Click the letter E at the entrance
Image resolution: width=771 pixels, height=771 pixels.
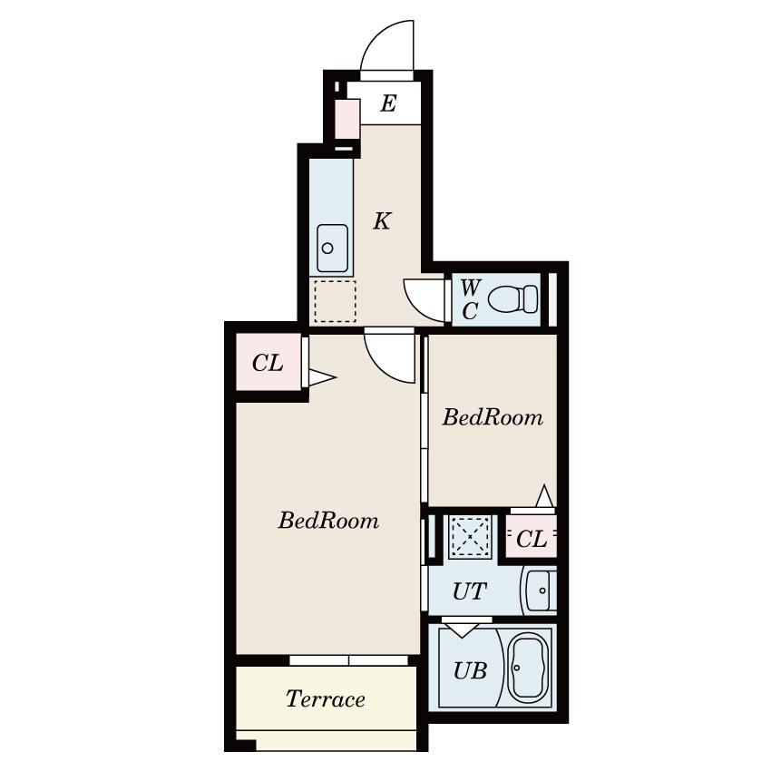388,103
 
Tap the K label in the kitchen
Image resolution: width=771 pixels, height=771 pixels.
382,220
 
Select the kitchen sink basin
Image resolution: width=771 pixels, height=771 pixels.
332,249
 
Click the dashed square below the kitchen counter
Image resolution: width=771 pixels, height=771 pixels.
335,301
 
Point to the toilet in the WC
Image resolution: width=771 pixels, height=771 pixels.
512,298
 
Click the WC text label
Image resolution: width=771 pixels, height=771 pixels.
470,299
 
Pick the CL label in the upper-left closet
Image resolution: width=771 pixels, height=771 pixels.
268,364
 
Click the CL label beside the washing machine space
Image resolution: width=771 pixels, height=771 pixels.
532,539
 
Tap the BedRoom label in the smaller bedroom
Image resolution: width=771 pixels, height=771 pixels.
493,417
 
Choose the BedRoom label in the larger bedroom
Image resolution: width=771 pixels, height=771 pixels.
328,521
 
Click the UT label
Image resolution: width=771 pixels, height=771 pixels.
470,591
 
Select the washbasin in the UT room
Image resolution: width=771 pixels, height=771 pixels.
541,590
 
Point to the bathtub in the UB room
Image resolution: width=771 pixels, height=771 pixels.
528,668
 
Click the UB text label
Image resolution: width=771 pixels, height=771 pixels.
470,670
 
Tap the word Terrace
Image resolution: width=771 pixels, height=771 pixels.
326,698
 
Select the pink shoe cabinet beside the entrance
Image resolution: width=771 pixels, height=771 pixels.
347,119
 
